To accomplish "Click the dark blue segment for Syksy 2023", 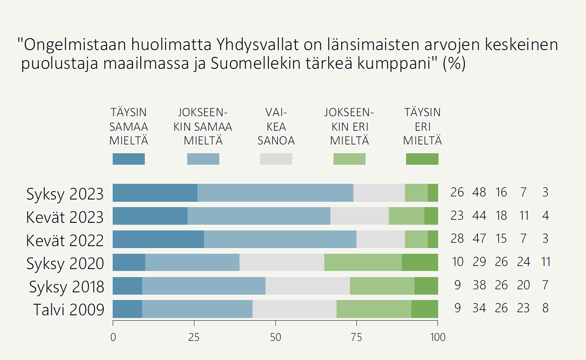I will (155, 193).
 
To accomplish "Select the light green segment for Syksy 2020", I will (363, 262).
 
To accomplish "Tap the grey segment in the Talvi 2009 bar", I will (294, 309).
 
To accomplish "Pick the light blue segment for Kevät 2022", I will (280, 239).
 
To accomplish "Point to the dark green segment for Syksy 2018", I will (426, 285).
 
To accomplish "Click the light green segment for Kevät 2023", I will (406, 216).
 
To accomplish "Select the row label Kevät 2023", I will (65, 217).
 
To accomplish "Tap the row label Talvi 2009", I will (68, 310).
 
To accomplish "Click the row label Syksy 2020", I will (65, 264).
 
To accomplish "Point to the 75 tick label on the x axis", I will (356, 337).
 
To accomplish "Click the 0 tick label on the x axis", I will (113, 337).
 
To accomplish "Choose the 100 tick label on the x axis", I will (437, 337).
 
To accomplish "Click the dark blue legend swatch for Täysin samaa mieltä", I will (129, 159).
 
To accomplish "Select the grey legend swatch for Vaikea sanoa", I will (276, 159).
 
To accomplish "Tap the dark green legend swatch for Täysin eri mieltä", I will (422, 159).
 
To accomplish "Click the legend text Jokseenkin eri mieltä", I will (350, 126).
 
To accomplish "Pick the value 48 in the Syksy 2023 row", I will (479, 192).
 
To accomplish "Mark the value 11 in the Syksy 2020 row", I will (546, 262).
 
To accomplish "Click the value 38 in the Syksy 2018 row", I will (479, 285).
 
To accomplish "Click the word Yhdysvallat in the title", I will (257, 45).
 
